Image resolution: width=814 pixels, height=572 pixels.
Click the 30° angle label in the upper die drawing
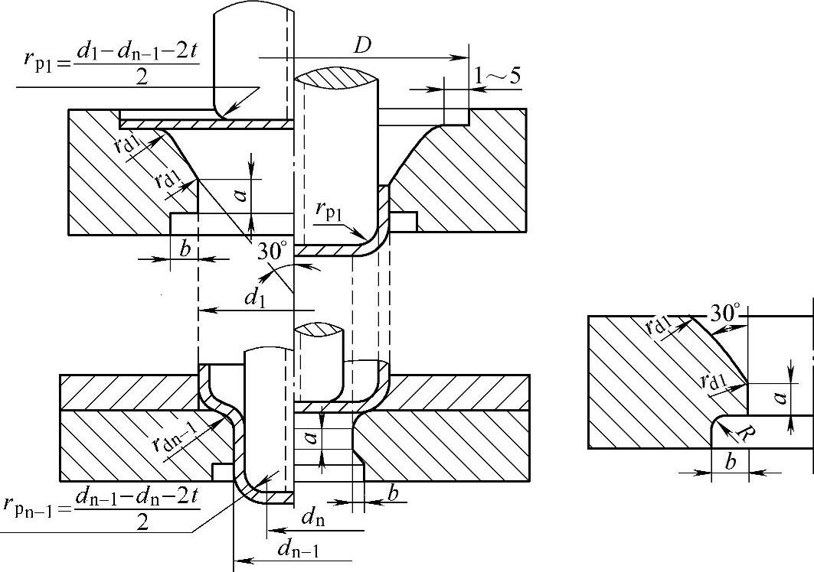272,250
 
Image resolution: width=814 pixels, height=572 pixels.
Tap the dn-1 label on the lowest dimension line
296,548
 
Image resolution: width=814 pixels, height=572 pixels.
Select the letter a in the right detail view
778,398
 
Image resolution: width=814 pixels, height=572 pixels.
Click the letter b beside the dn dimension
393,494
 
